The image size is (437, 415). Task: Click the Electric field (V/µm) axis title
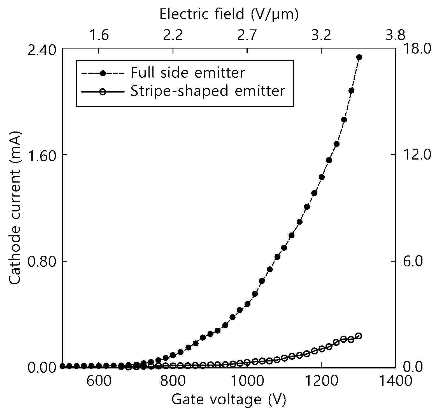click(x=229, y=14)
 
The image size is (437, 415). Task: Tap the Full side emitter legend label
click(x=188, y=73)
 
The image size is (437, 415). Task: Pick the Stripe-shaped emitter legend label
click(x=208, y=91)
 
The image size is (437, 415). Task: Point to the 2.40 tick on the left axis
click(x=41, y=49)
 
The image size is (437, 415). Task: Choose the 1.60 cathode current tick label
click(x=41, y=155)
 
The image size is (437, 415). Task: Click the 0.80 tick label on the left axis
click(x=41, y=261)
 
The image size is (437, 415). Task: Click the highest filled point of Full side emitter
click(x=359, y=57)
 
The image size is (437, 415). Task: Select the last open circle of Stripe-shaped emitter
click(x=358, y=336)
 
